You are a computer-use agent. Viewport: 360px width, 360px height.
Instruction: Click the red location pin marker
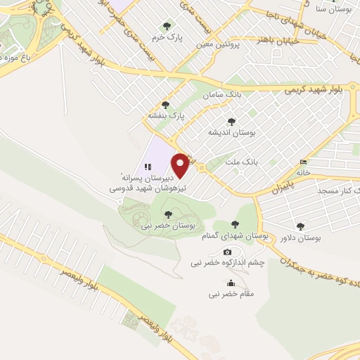point(181,165)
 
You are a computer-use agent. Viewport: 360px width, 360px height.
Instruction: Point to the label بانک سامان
point(217,94)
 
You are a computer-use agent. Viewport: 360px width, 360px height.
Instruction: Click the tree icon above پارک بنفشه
point(165,104)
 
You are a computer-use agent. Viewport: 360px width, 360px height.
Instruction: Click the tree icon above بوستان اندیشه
point(231,122)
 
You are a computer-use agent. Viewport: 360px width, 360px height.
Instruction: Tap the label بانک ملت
point(242,162)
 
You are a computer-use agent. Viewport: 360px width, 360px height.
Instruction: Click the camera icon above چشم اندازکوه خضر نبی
point(226,252)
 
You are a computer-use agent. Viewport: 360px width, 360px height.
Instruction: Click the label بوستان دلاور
point(300,238)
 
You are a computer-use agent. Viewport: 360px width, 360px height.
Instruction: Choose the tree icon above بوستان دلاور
point(300,226)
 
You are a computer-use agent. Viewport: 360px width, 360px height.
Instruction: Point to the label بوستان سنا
point(330,8)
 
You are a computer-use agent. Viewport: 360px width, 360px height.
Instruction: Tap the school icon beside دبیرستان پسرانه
point(148,167)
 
